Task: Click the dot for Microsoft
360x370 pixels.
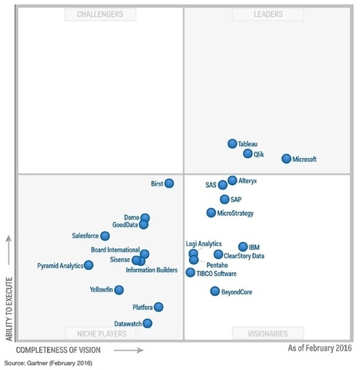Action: point(286,159)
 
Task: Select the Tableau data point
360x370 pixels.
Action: point(232,144)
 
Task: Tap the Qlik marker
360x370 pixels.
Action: point(247,153)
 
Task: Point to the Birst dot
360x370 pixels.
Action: point(169,183)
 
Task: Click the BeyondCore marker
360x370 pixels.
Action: point(215,291)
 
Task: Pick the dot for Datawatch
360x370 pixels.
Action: point(147,324)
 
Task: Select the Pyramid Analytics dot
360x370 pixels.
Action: point(89,265)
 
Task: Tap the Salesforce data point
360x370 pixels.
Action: point(105,236)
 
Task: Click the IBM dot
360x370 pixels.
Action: point(243,247)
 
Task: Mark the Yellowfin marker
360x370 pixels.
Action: point(119,290)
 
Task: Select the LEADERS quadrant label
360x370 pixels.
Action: point(267,14)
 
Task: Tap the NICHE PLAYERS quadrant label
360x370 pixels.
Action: point(101,334)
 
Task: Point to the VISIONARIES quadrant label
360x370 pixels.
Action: point(267,334)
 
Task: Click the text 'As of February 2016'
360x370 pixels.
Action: point(319,349)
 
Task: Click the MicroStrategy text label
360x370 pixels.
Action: point(235,213)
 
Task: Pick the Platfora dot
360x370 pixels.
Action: point(158,307)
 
